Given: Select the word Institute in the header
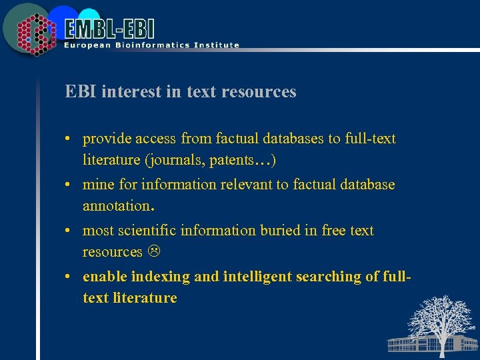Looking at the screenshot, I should (x=214, y=45).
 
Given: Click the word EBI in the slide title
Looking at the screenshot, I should (x=79, y=92).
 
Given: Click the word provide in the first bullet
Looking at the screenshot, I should (x=107, y=139).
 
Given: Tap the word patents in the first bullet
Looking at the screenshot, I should (x=228, y=160).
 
